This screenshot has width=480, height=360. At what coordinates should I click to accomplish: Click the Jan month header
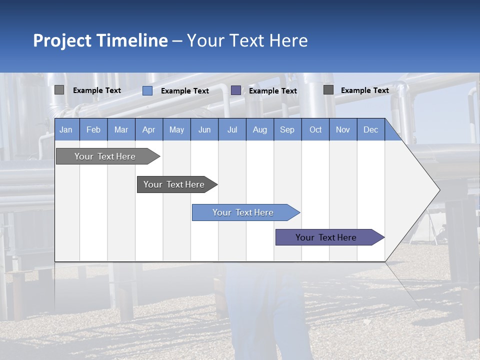pyautogui.click(x=66, y=129)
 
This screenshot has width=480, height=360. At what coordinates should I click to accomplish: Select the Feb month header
pyautogui.click(x=93, y=129)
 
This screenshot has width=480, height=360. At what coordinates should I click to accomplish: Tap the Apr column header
pyautogui.click(x=149, y=129)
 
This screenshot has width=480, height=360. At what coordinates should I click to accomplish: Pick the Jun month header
pyautogui.click(x=204, y=129)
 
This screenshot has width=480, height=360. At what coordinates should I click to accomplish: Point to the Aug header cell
pyautogui.click(x=260, y=129)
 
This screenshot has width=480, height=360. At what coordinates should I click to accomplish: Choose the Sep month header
pyautogui.click(x=287, y=129)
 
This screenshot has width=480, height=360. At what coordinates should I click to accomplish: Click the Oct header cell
pyautogui.click(x=315, y=129)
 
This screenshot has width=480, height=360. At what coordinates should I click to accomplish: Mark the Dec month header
pyautogui.click(x=371, y=129)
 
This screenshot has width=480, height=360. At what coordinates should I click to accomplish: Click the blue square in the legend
pyautogui.click(x=147, y=90)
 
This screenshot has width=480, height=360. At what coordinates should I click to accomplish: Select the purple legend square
pyautogui.click(x=236, y=90)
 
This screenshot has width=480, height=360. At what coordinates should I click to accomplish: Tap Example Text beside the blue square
pyautogui.click(x=185, y=91)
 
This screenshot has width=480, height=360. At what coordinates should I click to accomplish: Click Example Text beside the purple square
pyautogui.click(x=273, y=91)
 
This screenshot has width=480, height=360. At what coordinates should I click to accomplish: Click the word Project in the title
pyautogui.click(x=62, y=40)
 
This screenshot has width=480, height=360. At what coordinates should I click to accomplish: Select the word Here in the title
pyautogui.click(x=288, y=40)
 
